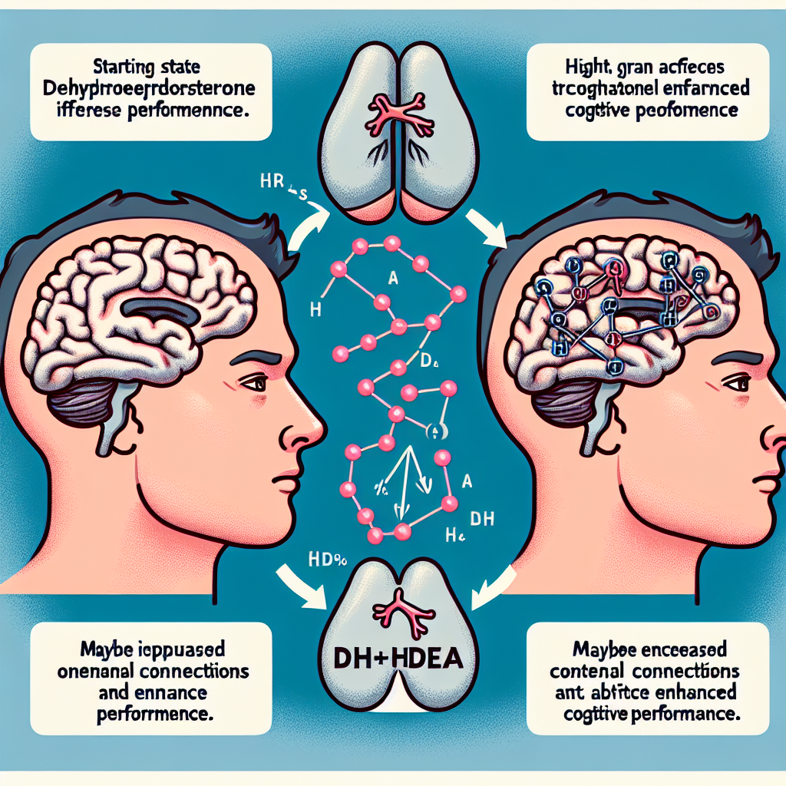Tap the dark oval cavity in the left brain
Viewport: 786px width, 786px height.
pos(160,308)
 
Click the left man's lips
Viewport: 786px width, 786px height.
pos(287,480)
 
